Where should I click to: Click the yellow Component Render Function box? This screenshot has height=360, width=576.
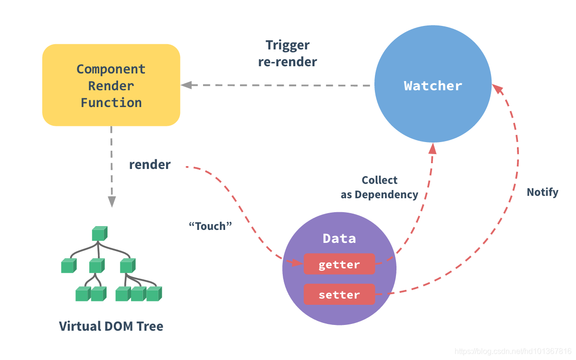pos(111,85)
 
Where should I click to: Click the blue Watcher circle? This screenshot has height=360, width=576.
pos(433,86)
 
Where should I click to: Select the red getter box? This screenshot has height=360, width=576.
pos(339,264)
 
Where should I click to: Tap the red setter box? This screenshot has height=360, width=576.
pos(339,295)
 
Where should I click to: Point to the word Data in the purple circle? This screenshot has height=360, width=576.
pos(339,239)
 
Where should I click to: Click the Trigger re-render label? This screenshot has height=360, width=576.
pos(288,53)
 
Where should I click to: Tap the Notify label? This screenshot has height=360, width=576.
pos(542,192)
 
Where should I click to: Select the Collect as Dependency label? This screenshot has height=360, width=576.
pos(379,187)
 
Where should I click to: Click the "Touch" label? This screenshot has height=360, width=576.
pos(211,226)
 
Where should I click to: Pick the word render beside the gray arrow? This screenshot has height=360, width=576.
pos(150,165)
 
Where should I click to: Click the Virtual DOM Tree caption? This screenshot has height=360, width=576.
pos(111,326)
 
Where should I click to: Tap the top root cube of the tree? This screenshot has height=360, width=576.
pos(99,234)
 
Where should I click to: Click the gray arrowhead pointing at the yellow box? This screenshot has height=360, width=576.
pos(186,85)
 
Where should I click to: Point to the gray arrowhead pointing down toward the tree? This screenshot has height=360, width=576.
pos(111,202)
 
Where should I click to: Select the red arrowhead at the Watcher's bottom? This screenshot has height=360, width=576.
pos(432,148)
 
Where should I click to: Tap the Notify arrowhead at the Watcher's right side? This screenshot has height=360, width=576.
pos(497,89)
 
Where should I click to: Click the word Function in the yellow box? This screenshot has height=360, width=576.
pos(111,102)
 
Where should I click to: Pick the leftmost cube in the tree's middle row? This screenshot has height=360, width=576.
pos(69,265)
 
